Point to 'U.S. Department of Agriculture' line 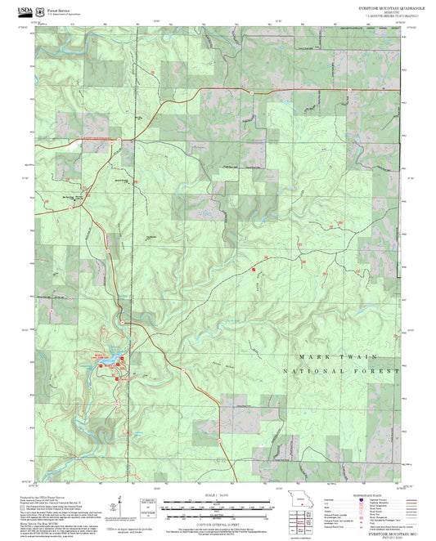65,14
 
